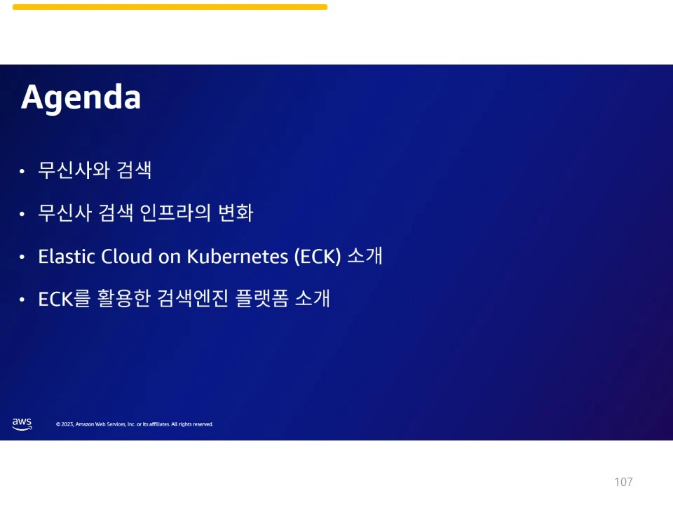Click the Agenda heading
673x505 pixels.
point(81,98)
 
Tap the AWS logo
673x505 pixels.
point(22,424)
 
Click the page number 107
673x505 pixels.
point(623,482)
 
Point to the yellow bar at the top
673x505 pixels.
point(170,7)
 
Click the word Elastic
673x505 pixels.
point(67,257)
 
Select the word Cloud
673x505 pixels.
point(127,257)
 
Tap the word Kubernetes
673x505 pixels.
point(238,257)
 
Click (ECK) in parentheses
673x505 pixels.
point(318,257)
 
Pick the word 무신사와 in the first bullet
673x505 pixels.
point(74,170)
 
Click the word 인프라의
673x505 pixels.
point(175,213)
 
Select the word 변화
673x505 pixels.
point(236,213)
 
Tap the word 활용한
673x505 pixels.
point(124,299)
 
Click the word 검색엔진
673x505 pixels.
point(193,299)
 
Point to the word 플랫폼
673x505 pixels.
point(261,299)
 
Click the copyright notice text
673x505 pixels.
point(135,424)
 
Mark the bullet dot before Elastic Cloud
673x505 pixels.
point(22,257)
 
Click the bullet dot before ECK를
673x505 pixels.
point(22,299)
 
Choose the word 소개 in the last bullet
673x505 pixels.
point(313,299)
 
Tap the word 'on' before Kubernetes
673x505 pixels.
point(170,257)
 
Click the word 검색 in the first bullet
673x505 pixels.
point(134,170)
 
